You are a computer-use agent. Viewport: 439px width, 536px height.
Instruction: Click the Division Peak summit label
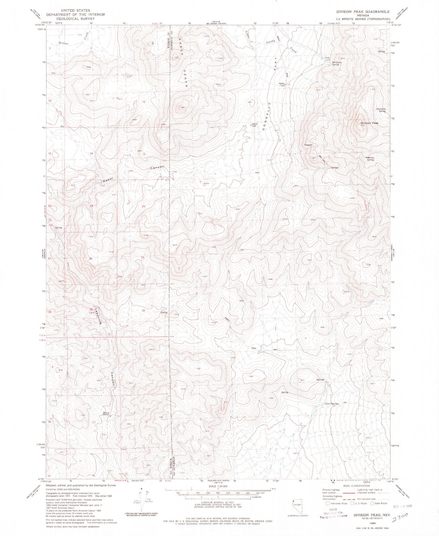coord(369,123)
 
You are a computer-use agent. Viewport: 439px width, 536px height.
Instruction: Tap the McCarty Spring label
coord(335,63)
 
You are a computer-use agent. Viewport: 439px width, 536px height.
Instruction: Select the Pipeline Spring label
coord(370,158)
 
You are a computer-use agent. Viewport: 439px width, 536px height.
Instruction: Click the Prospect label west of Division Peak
coord(308,145)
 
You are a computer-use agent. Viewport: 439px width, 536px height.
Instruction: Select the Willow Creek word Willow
coord(64,43)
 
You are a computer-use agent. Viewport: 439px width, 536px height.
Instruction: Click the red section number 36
coord(143,311)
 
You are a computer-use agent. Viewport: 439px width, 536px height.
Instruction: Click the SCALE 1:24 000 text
coord(218,486)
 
